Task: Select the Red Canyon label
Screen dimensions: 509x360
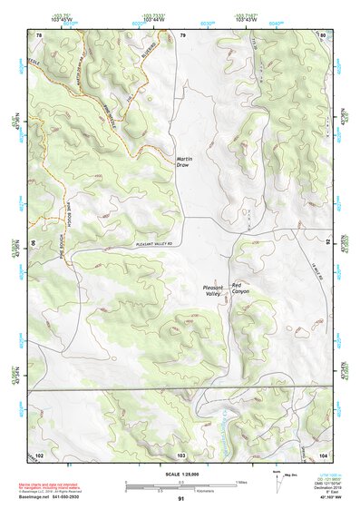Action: [x=240, y=287]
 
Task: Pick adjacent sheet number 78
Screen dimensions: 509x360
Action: [x=39, y=34]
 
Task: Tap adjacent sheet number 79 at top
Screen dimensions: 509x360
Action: [x=182, y=34]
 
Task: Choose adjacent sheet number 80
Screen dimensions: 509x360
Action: [x=323, y=34]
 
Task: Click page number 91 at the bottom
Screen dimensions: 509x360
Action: [x=181, y=499]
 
